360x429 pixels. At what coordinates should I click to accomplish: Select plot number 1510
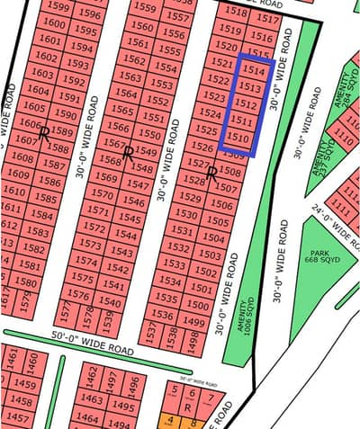tap(238, 139)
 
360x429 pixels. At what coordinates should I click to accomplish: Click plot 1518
tap(236, 13)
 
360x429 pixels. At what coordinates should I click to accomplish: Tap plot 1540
tap(111, 303)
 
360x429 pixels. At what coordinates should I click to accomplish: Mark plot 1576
tap(79, 295)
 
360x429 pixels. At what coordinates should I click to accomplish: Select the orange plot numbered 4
tap(169, 420)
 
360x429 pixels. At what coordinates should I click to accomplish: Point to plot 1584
tap(40, 216)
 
